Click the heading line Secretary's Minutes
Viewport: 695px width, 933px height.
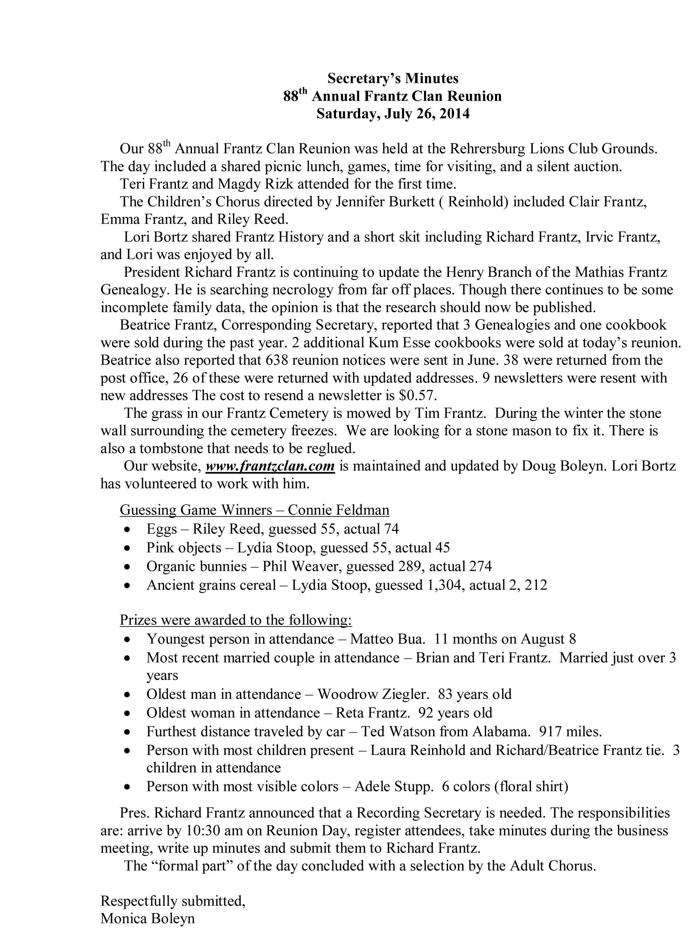pos(393,78)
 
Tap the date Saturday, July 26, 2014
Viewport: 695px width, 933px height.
pos(393,114)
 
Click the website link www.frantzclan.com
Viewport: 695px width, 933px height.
pos(270,466)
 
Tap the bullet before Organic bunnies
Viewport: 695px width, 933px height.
pos(127,567)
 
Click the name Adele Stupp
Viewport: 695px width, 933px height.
pos(394,786)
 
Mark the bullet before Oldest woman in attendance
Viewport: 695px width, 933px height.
pos(127,714)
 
